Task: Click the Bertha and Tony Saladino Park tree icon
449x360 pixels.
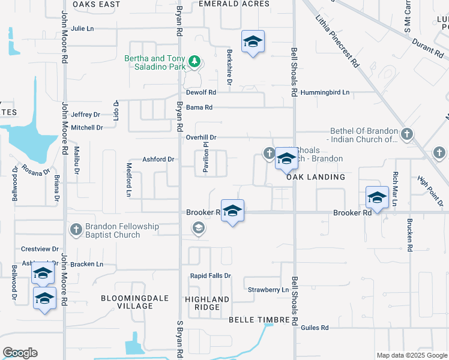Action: coord(194,61)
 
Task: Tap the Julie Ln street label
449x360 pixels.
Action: coord(83,28)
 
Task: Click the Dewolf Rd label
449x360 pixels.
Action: coord(200,92)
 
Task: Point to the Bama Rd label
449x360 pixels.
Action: coord(199,107)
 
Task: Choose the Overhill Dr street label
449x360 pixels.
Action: coord(201,137)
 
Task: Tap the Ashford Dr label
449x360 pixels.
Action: coord(158,159)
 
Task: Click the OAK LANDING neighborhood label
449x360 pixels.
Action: coord(315,177)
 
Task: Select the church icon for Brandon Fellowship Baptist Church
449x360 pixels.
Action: coord(76,229)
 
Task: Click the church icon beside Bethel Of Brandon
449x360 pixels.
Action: coord(407,134)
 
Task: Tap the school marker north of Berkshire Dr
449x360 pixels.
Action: coord(253,42)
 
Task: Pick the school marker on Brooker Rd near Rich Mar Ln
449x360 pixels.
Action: coord(377,197)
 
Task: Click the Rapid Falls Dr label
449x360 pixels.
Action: coord(211,275)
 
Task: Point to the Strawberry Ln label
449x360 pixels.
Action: coord(268,290)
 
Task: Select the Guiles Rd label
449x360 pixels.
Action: coord(315,328)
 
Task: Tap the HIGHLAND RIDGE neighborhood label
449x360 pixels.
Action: coord(207,302)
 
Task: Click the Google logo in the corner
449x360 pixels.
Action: coord(20,353)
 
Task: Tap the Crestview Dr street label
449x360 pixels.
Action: coord(40,248)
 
